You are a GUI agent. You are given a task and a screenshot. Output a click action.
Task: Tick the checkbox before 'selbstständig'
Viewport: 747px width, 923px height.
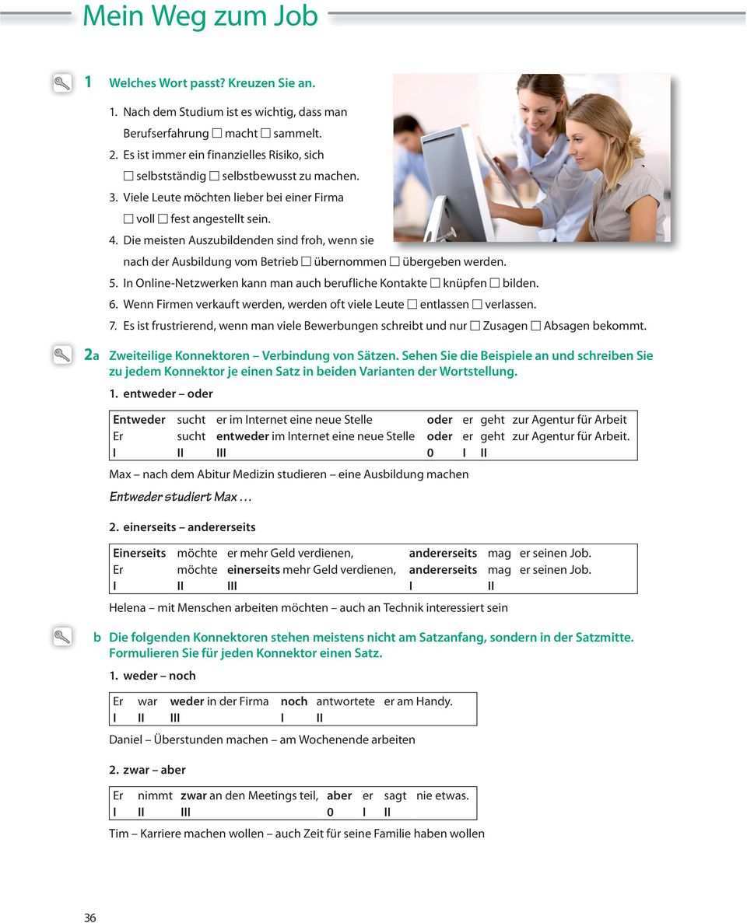point(128,177)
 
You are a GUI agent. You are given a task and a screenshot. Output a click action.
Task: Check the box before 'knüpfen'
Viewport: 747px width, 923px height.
point(435,284)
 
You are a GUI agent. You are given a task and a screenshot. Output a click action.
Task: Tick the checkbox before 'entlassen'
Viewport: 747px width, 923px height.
point(412,305)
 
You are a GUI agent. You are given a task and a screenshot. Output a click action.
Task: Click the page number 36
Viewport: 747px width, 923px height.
point(90,918)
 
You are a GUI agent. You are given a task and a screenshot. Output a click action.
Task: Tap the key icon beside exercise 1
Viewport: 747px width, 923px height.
point(62,82)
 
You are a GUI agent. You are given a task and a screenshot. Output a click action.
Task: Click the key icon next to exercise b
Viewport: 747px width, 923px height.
point(62,637)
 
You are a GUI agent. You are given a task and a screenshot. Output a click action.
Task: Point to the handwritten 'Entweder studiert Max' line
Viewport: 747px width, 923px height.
point(181,497)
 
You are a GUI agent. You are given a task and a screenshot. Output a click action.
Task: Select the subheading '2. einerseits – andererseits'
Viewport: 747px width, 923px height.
point(182,527)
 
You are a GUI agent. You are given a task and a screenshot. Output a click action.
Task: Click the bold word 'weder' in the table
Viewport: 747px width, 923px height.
point(187,701)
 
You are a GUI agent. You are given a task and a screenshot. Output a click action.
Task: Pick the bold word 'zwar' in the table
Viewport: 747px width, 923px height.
point(194,795)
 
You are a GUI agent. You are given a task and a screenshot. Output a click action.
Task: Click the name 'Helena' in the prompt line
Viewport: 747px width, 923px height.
point(128,608)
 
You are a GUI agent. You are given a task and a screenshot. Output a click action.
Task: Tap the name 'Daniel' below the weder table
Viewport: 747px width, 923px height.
point(126,740)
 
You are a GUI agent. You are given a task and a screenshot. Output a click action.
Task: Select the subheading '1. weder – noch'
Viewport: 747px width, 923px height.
point(153,676)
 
